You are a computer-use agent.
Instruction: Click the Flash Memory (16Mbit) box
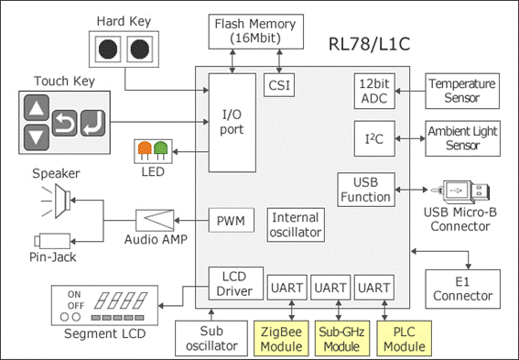pyautogui.click(x=256, y=31)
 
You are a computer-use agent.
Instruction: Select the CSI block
pyautogui.click(x=279, y=85)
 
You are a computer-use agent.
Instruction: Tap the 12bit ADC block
pyautogui.click(x=374, y=91)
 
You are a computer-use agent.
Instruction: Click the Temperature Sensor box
pyautogui.click(x=462, y=91)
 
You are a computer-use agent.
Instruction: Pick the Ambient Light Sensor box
pyautogui.click(x=462, y=138)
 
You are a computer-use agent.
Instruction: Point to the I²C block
pyautogui.click(x=374, y=138)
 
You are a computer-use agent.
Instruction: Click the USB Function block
pyautogui.click(x=366, y=190)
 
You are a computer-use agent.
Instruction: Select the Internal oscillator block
pyautogui.click(x=296, y=224)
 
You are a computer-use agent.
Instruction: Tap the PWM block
pyautogui.click(x=231, y=220)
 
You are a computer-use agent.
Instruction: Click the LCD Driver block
pyautogui.click(x=235, y=283)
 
